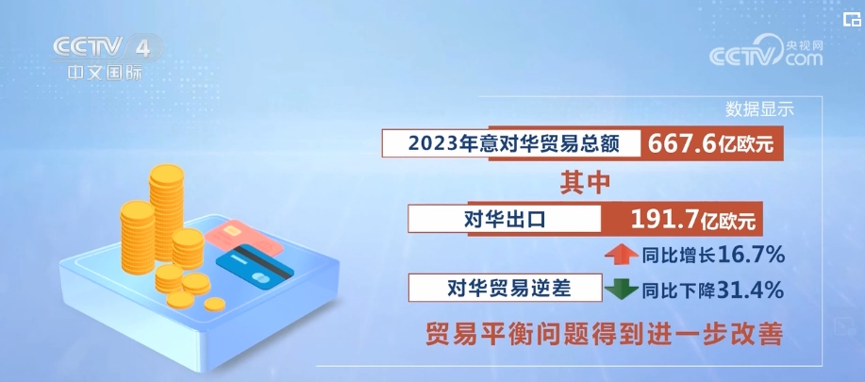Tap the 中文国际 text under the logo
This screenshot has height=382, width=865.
[x=100, y=73]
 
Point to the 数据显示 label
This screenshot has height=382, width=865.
[x=759, y=108]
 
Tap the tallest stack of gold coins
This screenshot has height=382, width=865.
[x=167, y=212]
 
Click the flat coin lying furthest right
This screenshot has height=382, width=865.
[x=215, y=304]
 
